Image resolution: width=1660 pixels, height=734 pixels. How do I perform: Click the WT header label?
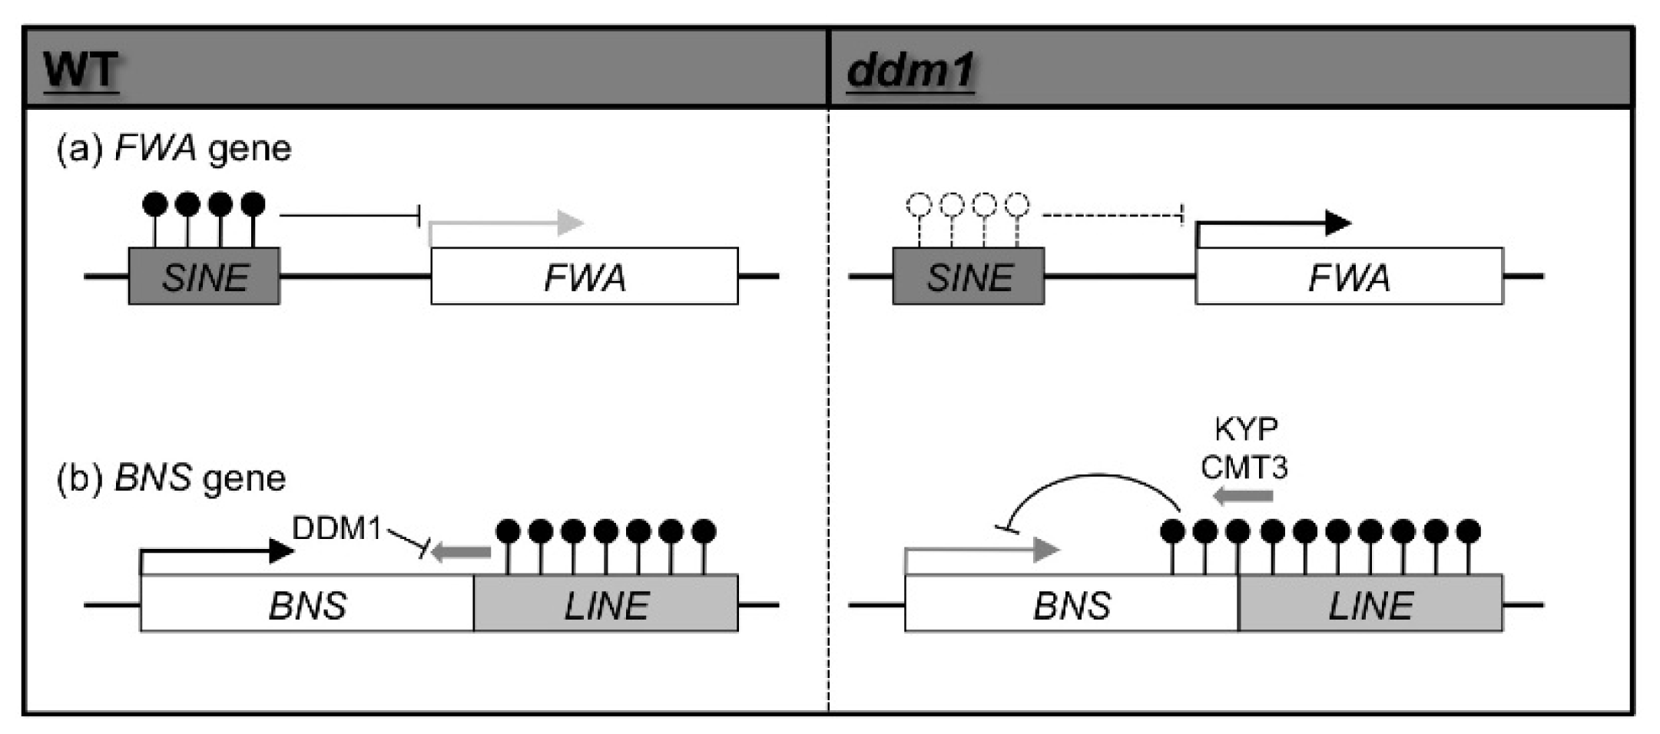[81, 71]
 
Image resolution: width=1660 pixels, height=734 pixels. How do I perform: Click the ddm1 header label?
[910, 71]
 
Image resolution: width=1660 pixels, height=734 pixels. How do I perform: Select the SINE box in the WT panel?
[204, 276]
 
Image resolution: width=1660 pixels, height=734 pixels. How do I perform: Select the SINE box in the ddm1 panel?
[968, 276]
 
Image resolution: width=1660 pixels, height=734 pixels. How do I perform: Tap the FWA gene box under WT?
[584, 276]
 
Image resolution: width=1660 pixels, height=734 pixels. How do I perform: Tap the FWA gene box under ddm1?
[1349, 276]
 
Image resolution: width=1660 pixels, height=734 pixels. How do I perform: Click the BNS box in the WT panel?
[307, 604]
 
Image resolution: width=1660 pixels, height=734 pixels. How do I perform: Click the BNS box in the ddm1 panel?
[1072, 604]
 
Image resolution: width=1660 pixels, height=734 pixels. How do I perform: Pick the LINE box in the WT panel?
[606, 604]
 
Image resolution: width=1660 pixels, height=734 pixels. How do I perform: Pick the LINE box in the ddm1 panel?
[1370, 604]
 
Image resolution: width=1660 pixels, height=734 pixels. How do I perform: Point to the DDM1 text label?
[336, 528]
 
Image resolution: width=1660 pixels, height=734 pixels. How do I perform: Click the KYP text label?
[1246, 428]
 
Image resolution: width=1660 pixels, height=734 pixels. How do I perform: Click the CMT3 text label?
[1244, 467]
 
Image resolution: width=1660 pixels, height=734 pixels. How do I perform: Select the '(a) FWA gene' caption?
[174, 147]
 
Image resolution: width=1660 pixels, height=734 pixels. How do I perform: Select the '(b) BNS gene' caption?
[171, 478]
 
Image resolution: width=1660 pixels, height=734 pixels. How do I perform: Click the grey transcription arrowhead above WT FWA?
[571, 223]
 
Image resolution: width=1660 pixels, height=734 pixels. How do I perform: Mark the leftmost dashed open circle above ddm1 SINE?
[919, 205]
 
